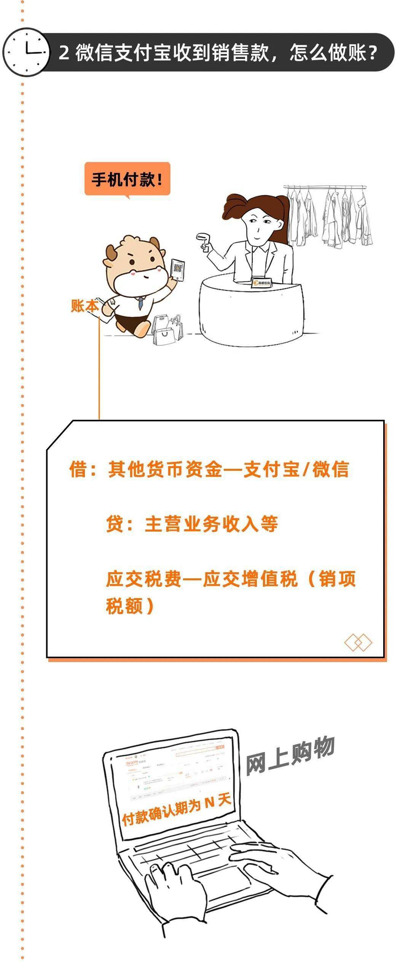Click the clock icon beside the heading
tap(26, 52)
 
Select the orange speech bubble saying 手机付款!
tap(127, 179)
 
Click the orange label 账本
tap(84, 305)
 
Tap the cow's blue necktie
tap(140, 303)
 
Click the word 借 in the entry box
tap(78, 469)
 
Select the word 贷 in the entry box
tap(114, 524)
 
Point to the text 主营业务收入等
tap(211, 524)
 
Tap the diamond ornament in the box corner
tap(358, 642)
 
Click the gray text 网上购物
tap(290, 756)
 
